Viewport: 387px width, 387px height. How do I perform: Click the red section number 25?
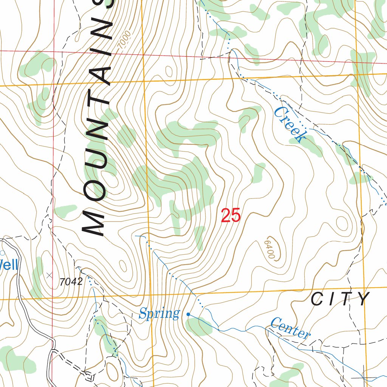231,216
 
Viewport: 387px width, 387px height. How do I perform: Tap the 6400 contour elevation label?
269,249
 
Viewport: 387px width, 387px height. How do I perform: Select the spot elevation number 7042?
71,282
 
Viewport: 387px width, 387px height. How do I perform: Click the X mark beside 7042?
50,276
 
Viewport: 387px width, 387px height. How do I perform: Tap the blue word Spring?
159,314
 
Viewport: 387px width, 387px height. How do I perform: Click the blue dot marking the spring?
188,314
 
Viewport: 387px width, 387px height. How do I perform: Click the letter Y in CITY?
364,299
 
